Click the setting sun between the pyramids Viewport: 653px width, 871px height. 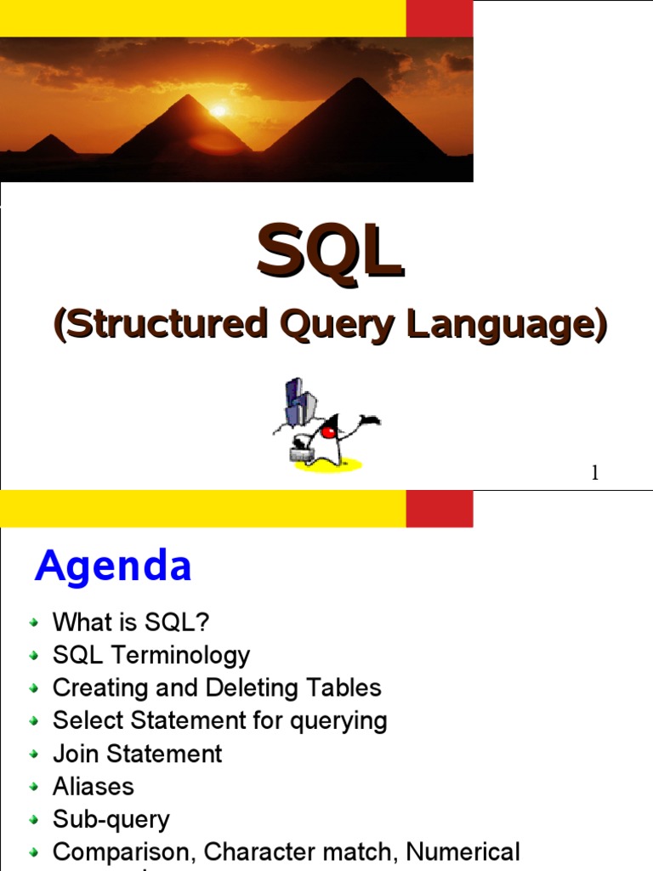point(219,111)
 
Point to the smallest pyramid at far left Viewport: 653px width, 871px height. point(50,145)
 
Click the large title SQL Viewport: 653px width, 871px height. point(330,253)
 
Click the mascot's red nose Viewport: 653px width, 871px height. point(328,432)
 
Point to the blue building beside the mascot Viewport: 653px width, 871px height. point(295,403)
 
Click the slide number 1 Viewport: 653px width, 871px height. point(595,474)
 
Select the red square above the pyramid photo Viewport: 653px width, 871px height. point(439,19)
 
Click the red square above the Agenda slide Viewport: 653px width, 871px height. point(439,509)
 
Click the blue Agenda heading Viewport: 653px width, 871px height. point(113,566)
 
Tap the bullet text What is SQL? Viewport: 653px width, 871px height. point(131,622)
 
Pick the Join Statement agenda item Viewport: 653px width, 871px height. point(137,754)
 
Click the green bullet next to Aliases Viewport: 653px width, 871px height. point(33,788)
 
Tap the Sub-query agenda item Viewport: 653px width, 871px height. point(111,819)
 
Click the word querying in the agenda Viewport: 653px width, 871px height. point(338,721)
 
